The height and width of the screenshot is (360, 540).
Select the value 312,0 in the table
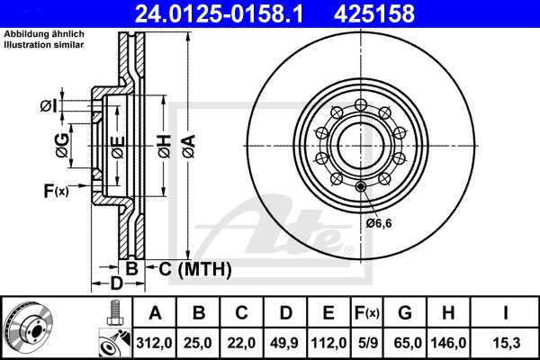(156, 343)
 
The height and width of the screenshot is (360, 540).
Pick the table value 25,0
(199, 343)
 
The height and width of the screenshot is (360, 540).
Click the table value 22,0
(242, 343)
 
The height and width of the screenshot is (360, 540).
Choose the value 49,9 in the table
(285, 343)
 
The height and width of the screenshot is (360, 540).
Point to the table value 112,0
(328, 343)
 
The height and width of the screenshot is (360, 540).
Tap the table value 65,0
(405, 343)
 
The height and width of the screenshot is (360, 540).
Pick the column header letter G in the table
(405, 313)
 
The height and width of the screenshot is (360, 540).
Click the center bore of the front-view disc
(359, 144)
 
